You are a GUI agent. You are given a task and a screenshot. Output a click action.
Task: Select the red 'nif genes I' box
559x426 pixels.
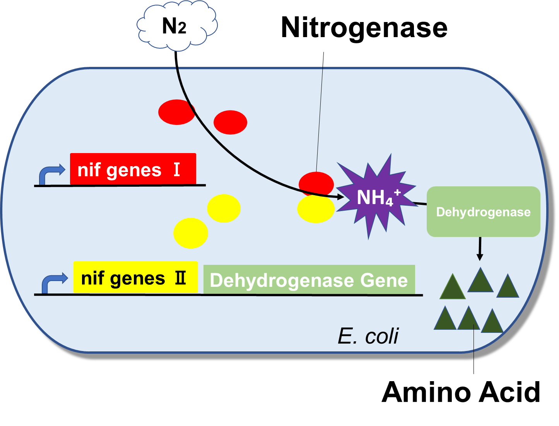tap(133, 169)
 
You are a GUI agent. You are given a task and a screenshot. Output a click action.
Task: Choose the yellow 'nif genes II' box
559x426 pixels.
tap(135, 278)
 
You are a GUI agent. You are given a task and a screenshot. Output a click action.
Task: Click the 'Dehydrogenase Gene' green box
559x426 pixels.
tap(309, 279)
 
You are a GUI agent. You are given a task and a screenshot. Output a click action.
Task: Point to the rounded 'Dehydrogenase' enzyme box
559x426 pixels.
tap(483, 212)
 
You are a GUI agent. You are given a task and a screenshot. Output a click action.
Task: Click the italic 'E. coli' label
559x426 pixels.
tap(368, 336)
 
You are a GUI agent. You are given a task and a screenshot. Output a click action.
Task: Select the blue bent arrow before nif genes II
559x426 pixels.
tap(53, 283)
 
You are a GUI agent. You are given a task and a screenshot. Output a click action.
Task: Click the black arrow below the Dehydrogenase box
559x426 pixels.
tap(480, 249)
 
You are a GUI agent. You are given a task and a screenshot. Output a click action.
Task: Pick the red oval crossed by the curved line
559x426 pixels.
tap(176, 112)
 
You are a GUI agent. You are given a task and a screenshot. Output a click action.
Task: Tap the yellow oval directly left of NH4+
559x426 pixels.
tap(316, 209)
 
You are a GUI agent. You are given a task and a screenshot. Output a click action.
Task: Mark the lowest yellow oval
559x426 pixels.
tap(190, 233)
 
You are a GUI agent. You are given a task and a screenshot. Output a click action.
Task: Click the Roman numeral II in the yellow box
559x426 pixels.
tap(180, 278)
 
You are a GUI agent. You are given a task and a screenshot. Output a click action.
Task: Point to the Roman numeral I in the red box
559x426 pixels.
tap(176, 170)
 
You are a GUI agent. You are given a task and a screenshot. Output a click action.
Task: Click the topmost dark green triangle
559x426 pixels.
tap(480, 281)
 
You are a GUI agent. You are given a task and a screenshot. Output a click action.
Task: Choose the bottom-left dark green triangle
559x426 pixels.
tap(445, 319)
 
